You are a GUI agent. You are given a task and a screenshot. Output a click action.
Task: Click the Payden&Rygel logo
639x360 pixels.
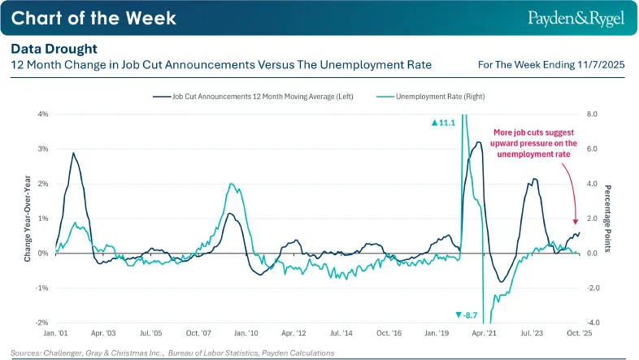(x=576, y=19)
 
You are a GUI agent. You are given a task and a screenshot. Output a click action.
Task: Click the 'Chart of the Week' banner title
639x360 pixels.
(x=93, y=18)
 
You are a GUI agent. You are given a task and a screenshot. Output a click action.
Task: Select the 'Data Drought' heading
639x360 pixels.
(x=54, y=49)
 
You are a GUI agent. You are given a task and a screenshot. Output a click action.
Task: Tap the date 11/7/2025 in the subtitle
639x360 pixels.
(x=601, y=65)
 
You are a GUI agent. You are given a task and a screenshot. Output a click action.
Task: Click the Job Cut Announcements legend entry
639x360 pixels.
(x=253, y=97)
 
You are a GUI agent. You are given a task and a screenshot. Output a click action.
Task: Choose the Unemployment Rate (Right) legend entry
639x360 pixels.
(x=431, y=97)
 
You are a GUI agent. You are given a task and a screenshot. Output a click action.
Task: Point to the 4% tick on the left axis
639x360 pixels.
(x=43, y=114)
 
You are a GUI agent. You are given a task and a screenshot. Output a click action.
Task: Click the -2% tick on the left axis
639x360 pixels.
(x=42, y=323)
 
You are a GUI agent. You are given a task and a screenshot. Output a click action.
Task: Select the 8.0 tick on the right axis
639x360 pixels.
(x=592, y=114)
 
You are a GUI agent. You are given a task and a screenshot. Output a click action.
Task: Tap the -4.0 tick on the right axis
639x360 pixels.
(x=593, y=323)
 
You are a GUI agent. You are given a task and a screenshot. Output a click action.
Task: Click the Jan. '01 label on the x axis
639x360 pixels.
(x=56, y=333)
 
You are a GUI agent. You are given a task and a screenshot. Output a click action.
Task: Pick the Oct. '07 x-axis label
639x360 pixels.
(x=198, y=333)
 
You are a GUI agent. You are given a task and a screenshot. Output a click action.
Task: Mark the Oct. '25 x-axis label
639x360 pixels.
(x=580, y=333)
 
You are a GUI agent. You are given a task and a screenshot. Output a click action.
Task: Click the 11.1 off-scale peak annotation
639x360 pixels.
(x=443, y=123)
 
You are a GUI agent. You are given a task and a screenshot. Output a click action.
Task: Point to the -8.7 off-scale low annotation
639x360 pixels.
(x=466, y=315)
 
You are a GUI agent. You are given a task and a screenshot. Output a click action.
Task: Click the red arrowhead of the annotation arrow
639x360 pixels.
(x=576, y=222)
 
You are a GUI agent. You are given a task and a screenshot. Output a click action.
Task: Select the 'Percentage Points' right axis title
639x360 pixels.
(x=607, y=219)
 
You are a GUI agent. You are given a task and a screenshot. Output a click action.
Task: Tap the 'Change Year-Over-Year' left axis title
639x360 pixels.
(x=28, y=219)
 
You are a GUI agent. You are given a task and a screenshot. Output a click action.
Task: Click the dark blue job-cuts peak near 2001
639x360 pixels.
(x=73, y=153)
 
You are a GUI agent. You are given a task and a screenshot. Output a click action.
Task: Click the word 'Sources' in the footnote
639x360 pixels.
(x=25, y=353)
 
